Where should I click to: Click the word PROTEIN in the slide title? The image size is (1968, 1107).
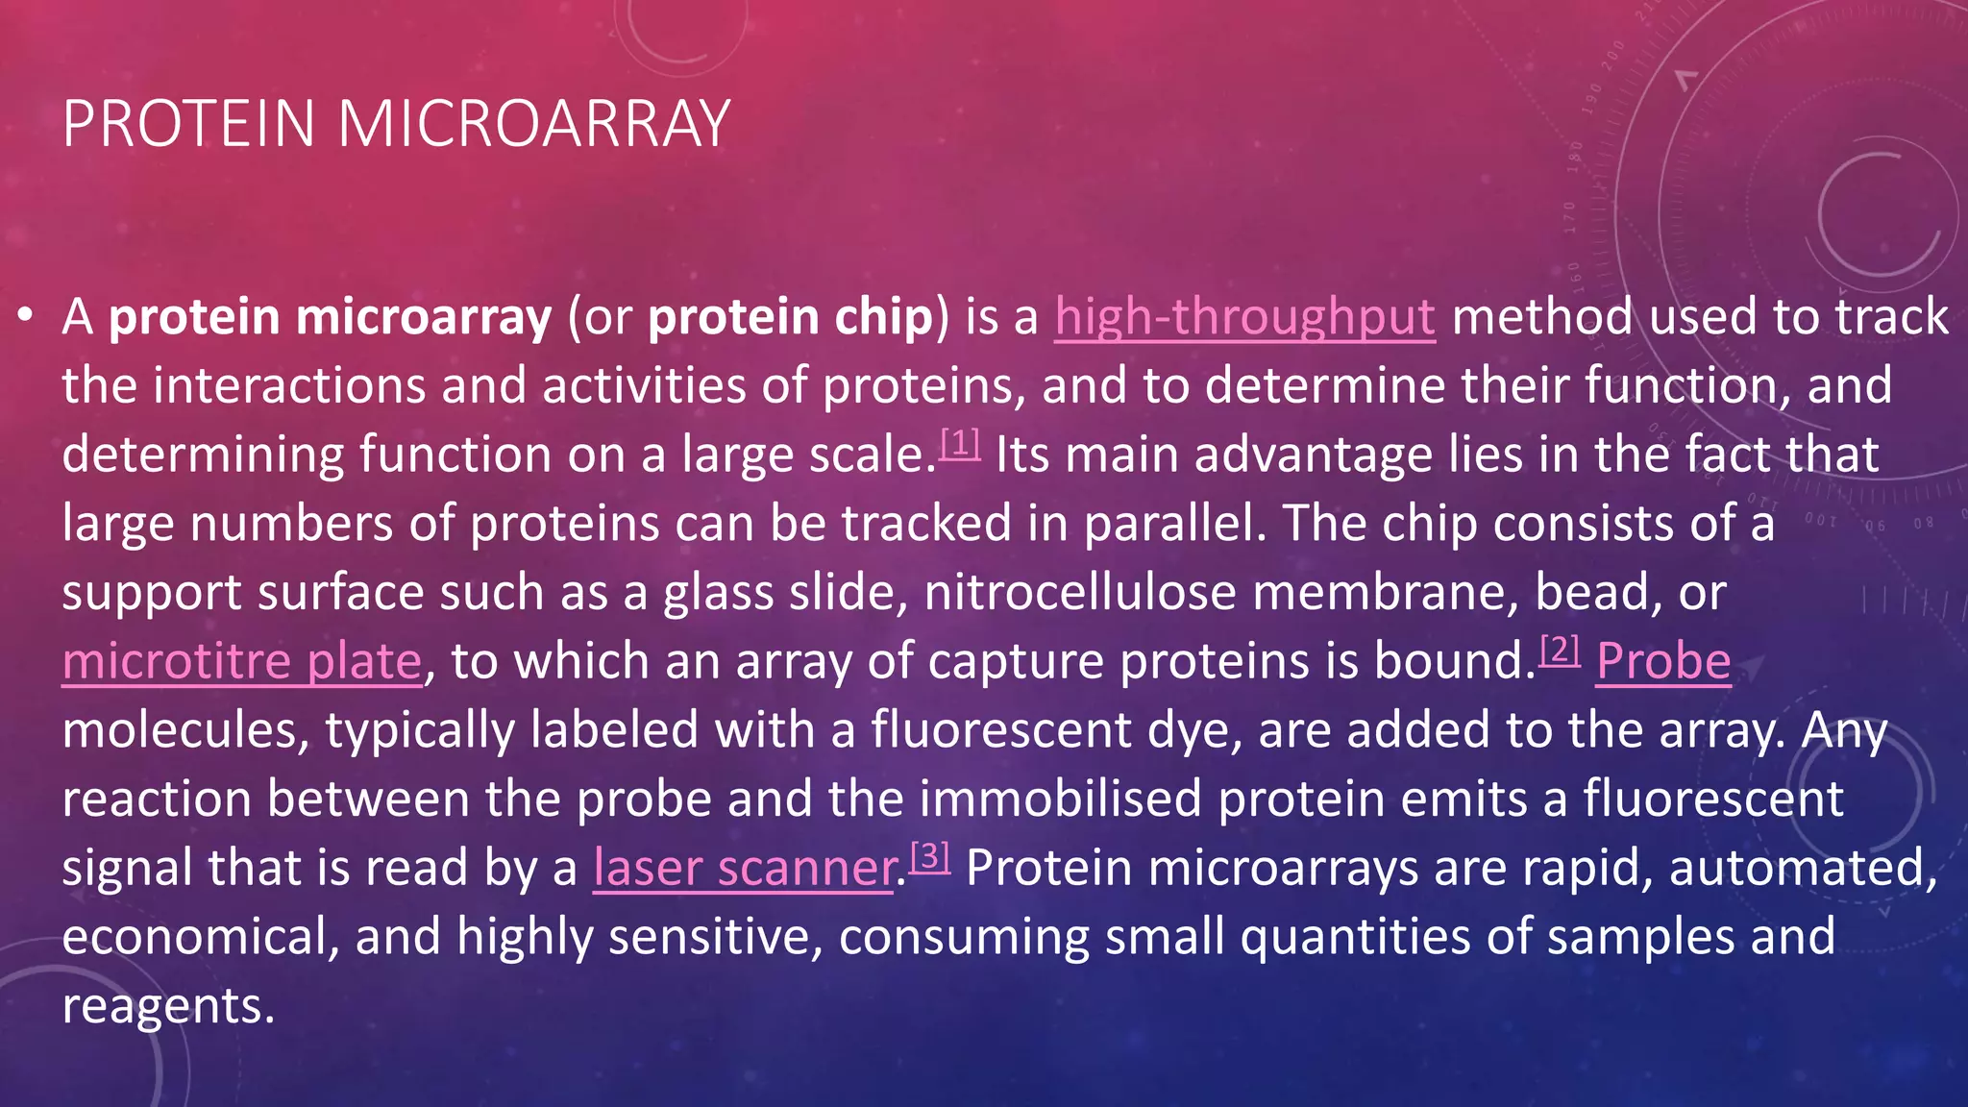188,124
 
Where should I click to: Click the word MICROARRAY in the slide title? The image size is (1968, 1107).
533,124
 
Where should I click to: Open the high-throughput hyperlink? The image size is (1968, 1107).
1244,317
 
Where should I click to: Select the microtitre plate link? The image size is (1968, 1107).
242,662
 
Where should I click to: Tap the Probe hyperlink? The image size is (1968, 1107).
1662,662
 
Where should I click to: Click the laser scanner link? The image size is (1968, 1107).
743,869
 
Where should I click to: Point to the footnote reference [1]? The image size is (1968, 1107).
959,443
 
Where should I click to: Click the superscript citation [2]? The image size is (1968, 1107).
1560,651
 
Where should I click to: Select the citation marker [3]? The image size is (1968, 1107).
929,856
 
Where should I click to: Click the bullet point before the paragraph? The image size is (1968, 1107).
26,315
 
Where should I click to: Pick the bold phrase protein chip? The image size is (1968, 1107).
790,317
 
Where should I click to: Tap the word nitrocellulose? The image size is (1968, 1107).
1079,593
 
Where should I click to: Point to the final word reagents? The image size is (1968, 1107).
168,1007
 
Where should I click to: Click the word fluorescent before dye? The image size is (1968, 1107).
1000,730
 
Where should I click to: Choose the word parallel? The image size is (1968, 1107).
1175,524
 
